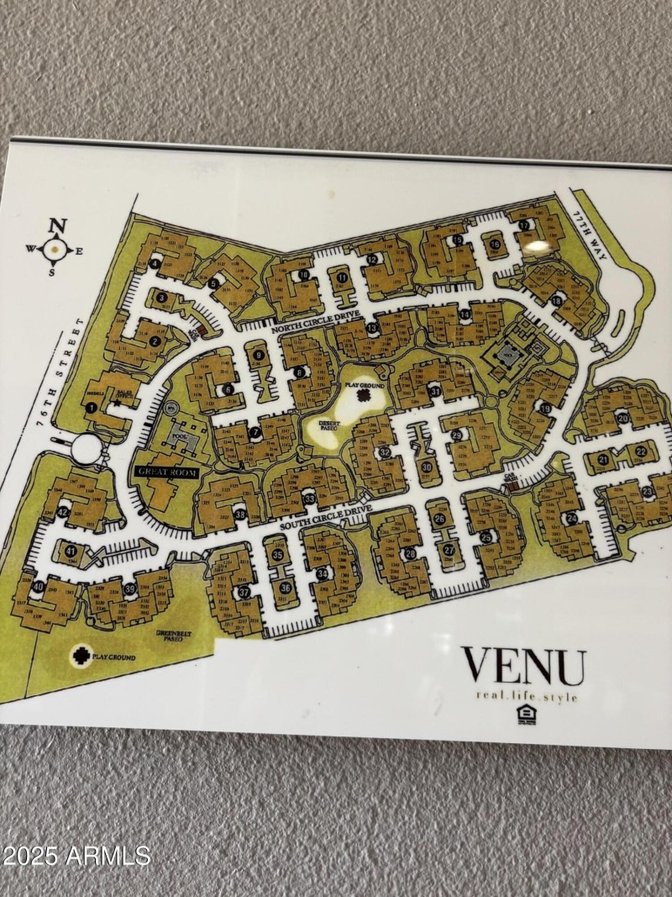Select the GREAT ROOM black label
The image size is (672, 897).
tap(165, 473)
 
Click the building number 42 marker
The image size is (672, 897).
tap(63, 512)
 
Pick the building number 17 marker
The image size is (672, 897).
tap(525, 225)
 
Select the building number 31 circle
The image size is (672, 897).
tap(434, 391)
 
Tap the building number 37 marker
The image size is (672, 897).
tap(244, 592)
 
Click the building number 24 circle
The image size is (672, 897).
tap(572, 520)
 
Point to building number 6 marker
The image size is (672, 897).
tap(228, 389)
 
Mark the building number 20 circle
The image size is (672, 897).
tap(622, 418)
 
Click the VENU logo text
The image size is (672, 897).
tap(522, 667)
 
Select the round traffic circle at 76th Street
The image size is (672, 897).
tap(85, 447)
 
